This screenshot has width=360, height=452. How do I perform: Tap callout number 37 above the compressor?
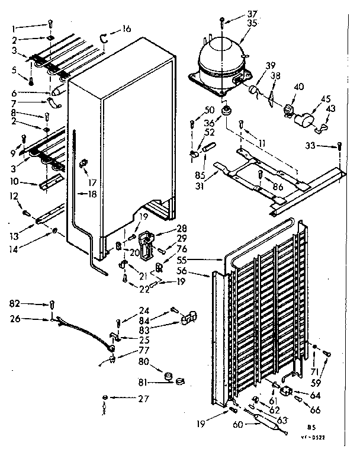tap(236, 14)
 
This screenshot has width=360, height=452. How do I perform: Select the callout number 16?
tap(126, 28)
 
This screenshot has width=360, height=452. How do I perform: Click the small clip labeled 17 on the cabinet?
tap(83, 161)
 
